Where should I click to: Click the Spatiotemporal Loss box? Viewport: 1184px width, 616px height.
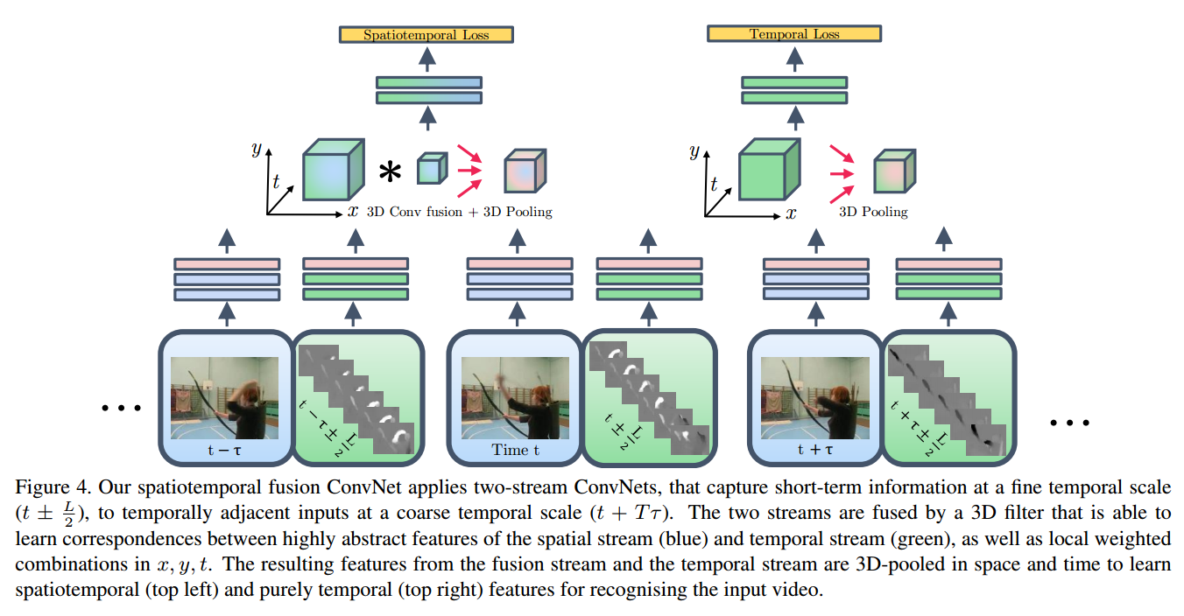426,35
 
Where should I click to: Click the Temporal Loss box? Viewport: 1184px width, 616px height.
793,34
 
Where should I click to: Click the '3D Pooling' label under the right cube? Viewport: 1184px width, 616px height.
873,212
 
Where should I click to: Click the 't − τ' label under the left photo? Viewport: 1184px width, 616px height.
224,450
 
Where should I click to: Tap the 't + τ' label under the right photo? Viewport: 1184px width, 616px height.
814,450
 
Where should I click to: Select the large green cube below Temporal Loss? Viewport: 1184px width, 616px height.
764,168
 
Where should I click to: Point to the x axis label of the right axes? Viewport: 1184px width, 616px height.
792,212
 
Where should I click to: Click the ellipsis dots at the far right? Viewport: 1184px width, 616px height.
1069,422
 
